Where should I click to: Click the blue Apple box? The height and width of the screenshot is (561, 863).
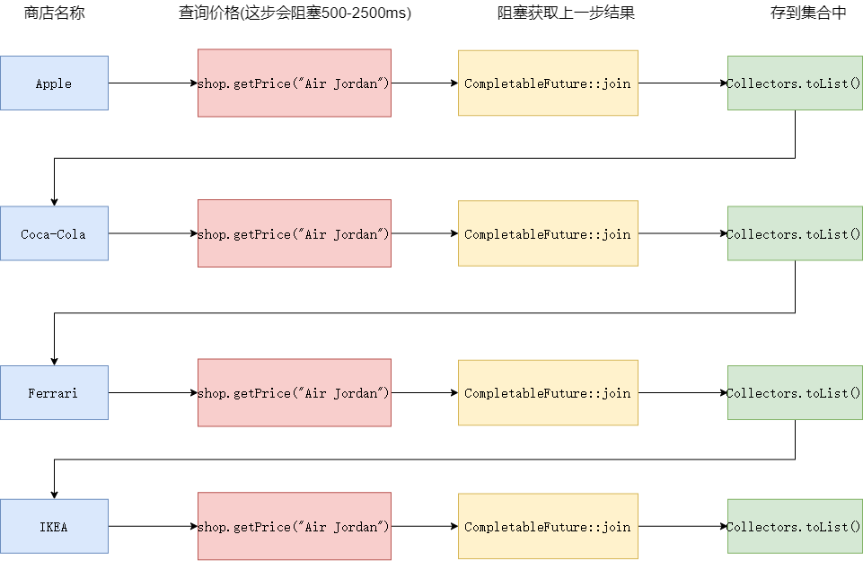pos(54,83)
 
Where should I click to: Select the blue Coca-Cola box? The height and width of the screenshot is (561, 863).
pos(54,233)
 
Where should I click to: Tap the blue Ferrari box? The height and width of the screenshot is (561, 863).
pos(54,392)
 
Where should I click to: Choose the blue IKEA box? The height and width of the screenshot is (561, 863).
pos(54,526)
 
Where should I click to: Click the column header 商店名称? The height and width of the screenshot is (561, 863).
pos(53,13)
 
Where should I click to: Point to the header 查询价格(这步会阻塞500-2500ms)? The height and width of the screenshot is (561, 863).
pos(295,13)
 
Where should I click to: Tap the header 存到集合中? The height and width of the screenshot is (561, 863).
pos(795,13)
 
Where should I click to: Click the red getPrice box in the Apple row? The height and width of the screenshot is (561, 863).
pos(294,83)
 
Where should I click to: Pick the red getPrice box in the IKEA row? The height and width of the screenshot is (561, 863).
pos(294,526)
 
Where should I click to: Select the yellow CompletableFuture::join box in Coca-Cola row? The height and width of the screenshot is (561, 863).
pos(548,233)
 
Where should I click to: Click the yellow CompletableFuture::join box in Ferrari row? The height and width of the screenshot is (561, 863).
pos(548,392)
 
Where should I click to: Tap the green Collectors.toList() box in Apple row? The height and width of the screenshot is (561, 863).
pos(795,83)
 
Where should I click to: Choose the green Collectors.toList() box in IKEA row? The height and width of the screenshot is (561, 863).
pos(795,526)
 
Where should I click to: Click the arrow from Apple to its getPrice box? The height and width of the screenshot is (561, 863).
pos(153,83)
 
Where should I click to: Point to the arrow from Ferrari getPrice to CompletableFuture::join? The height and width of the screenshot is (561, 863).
pos(425,392)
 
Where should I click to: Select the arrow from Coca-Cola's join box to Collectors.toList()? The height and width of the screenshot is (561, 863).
pos(682,233)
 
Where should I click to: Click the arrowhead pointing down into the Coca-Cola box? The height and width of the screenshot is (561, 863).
pos(54,201)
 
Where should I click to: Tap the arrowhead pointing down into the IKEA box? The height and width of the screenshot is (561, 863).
pos(54,494)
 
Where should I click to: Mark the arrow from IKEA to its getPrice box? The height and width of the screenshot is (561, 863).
pos(153,526)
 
